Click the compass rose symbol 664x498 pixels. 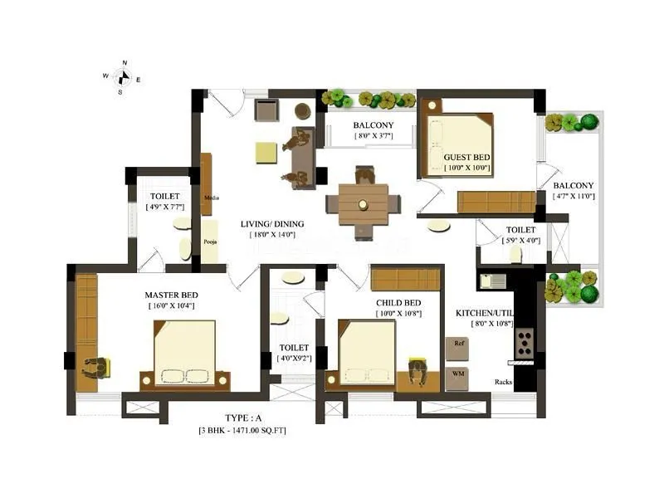[x=123, y=77]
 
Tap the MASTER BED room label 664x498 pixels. [x=171, y=295]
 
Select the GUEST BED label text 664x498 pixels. [x=467, y=157]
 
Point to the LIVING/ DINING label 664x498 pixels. [x=272, y=223]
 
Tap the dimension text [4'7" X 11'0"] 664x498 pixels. [x=574, y=197]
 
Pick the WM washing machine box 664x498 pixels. [x=458, y=373]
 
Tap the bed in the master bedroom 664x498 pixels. [x=184, y=354]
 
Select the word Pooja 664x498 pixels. [x=210, y=242]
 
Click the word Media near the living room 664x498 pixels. [x=211, y=198]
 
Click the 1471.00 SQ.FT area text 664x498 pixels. [x=255, y=431]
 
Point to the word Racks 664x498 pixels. [x=503, y=382]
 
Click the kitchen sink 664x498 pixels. [x=496, y=280]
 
